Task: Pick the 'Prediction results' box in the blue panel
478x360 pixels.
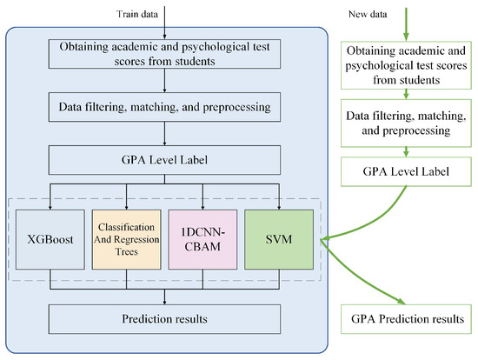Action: coord(164,318)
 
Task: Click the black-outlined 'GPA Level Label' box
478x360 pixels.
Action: coord(164,160)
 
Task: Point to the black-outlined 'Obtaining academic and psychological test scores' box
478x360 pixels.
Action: coord(164,55)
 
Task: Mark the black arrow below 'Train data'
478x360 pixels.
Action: coord(164,19)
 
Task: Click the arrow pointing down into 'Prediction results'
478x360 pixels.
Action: coord(164,296)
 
